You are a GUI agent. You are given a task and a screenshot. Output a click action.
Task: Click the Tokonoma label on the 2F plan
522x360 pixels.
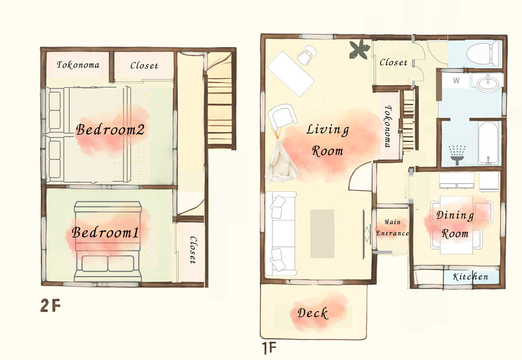coord(78,65)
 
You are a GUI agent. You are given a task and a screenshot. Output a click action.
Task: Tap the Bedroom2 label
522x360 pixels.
coord(110,130)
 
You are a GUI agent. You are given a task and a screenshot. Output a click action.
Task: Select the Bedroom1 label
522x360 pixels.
coord(105,233)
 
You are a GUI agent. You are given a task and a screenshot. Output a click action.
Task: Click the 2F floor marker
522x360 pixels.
coord(50,305)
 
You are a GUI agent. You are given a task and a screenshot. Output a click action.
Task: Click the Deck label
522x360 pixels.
coord(313,313)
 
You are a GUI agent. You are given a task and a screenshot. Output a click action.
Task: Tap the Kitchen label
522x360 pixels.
coord(470,276)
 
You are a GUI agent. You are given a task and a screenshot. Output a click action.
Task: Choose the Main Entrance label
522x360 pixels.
coord(392,228)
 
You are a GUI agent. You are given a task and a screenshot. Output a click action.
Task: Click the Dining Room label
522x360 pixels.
coord(455,224)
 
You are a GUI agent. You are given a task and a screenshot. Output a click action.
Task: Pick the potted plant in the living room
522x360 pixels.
coord(360,49)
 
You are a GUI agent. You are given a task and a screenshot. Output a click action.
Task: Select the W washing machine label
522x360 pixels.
coord(456,80)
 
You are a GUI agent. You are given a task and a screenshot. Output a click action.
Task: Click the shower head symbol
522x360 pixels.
coord(457,155)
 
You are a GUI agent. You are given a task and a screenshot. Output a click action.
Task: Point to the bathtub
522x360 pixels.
coord(489,143)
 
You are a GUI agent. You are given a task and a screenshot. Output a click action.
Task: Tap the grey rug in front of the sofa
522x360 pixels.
coord(322,234)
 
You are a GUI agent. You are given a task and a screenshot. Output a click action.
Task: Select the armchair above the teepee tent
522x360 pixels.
coord(282,117)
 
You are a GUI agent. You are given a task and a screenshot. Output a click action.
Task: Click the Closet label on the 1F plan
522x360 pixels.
coord(394,62)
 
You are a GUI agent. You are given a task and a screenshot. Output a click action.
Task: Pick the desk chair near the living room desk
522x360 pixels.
coord(306,55)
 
